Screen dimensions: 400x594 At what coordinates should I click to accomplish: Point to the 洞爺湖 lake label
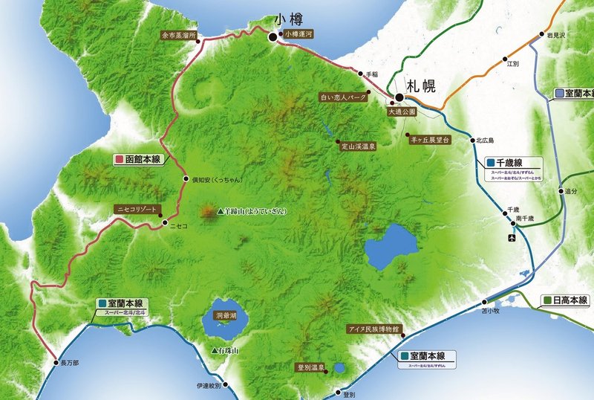pyautogui.click(x=224, y=316)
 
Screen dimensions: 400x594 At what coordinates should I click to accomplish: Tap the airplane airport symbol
pyautogui.click(x=512, y=238)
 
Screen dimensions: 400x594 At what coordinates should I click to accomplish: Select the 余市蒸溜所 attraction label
pyautogui.click(x=178, y=34)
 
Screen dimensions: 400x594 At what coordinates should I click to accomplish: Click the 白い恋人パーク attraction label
pyautogui.click(x=343, y=97)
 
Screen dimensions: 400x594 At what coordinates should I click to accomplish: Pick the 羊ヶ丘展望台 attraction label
pyautogui.click(x=430, y=138)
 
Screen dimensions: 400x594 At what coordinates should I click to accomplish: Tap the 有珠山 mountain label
pyautogui.click(x=229, y=350)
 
